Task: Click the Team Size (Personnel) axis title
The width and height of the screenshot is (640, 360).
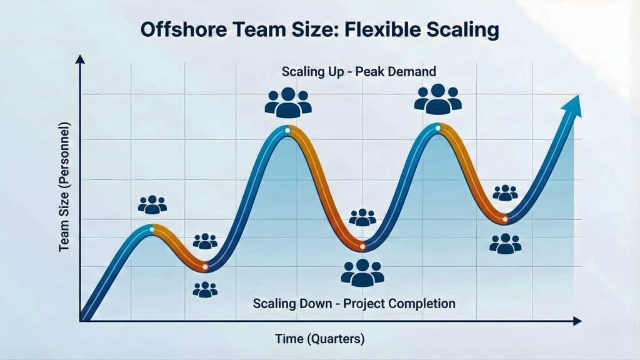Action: pyautogui.click(x=65, y=187)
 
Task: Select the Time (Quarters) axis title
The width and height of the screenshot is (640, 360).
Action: pyautogui.click(x=319, y=339)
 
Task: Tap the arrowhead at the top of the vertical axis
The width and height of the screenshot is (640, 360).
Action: pyautogui.click(x=79, y=60)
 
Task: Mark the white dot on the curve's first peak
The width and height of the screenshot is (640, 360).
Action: pyautogui.click(x=152, y=229)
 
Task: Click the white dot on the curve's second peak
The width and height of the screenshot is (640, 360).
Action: pyautogui.click(x=287, y=131)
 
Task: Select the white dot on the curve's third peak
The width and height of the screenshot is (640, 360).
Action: pyautogui.click(x=437, y=128)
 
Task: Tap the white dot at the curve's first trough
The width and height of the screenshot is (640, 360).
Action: pyautogui.click(x=205, y=267)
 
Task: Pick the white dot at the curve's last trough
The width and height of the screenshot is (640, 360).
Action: pyautogui.click(x=505, y=219)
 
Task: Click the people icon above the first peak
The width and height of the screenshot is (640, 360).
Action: pyautogui.click(x=152, y=204)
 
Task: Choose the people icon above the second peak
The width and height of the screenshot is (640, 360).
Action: pyautogui.click(x=288, y=102)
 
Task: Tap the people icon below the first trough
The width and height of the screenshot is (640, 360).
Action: pyautogui.click(x=205, y=289)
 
